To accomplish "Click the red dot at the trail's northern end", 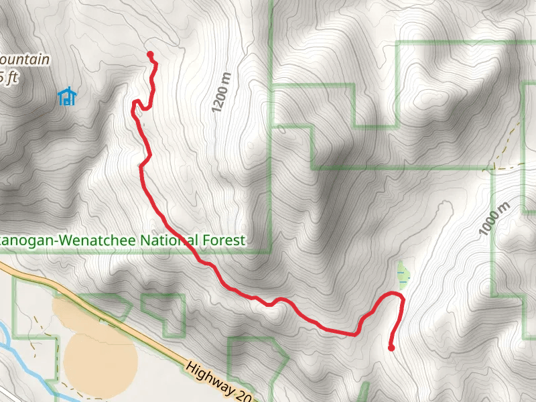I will (x=150, y=55).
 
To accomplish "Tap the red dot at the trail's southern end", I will (x=391, y=347).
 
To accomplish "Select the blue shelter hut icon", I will (x=66, y=97).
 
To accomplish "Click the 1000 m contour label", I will (x=495, y=218).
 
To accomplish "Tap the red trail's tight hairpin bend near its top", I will (x=137, y=103).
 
